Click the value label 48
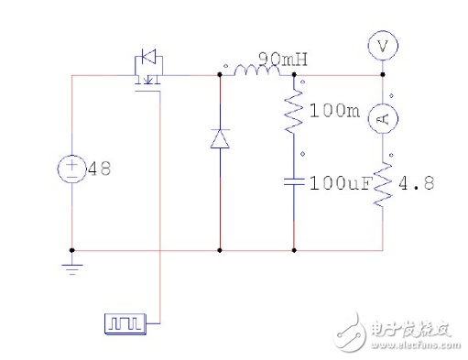[x=100, y=169]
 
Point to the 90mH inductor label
[x=283, y=59]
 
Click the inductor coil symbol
[x=257, y=70]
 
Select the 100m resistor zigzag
[x=294, y=111]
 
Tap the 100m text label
[x=334, y=111]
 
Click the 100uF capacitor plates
[x=294, y=182]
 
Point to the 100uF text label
[x=341, y=183]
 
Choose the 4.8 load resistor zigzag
[x=383, y=185]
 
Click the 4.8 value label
[x=417, y=183]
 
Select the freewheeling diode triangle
[x=220, y=139]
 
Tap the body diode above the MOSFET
[x=149, y=57]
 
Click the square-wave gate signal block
[x=125, y=323]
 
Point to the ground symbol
[x=72, y=269]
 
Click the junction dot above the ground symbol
[x=72, y=250]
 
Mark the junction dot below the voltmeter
[x=383, y=74]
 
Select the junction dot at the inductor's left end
[x=220, y=74]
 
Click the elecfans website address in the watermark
[x=416, y=345]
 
